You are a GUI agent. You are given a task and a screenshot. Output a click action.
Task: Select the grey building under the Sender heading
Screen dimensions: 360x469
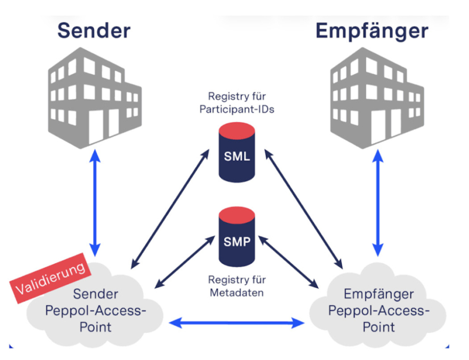point(94,97)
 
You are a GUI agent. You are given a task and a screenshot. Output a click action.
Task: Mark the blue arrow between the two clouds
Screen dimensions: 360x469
point(237,323)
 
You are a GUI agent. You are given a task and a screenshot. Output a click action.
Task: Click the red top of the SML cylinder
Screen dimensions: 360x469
point(237,130)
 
